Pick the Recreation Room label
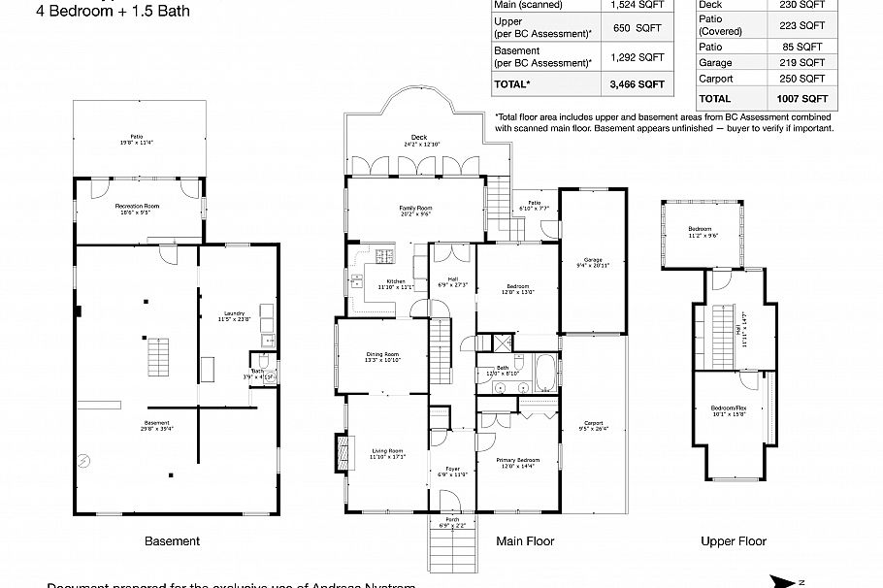[137, 208]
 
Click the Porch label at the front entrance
[452, 522]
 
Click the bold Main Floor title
[525, 541]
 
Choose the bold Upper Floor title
[734, 541]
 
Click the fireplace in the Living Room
[340, 451]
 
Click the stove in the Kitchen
[383, 257]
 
